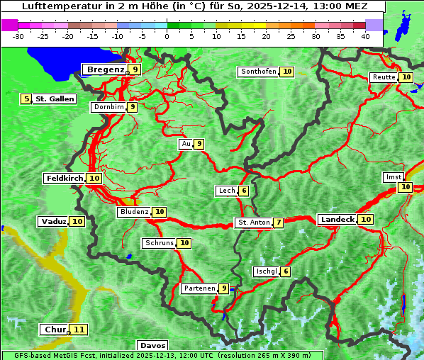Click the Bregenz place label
tap(106, 69)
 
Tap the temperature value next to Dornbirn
tap(132, 107)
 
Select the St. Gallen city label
tap(55, 99)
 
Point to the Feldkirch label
tap(65, 179)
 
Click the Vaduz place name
tap(54, 222)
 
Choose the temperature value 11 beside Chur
tap(79, 330)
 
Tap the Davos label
tap(152, 346)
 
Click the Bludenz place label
tap(135, 212)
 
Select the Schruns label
tap(159, 243)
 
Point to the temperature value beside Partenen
tap(224, 288)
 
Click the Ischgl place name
tap(266, 271)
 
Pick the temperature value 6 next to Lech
tap(244, 191)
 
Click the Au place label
tap(186, 144)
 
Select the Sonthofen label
tap(259, 72)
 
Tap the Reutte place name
tap(384, 77)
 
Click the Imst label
tap(392, 176)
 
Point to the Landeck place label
tap(337, 220)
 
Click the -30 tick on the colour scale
tap(19, 36)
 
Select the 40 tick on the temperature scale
tap(365, 36)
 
